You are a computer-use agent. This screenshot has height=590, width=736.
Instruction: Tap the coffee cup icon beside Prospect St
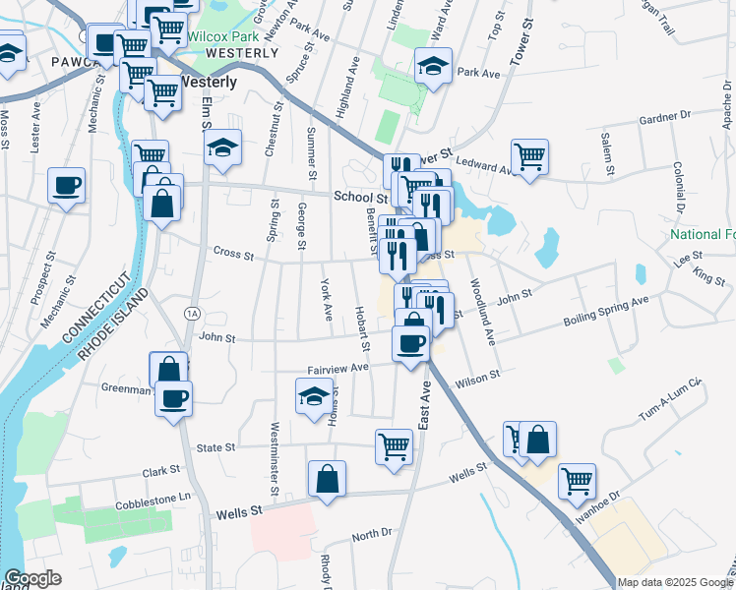pos(66,185)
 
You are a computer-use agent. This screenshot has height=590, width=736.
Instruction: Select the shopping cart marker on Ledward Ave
pos(529,156)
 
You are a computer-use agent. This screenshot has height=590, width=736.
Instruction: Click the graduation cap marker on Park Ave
pos(432,67)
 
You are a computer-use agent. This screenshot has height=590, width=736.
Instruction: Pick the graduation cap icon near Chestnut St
pos(223,149)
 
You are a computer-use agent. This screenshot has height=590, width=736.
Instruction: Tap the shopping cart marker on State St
pos(394,445)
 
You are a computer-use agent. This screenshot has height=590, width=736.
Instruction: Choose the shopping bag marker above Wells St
pos(327,479)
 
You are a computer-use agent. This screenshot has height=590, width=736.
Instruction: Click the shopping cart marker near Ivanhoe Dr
pos(577,481)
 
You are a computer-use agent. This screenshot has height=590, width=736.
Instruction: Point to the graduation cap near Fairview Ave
pos(314,397)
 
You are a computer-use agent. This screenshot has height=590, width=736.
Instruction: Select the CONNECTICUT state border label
pos(92,307)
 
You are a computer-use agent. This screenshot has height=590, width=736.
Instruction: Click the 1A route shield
pos(193,311)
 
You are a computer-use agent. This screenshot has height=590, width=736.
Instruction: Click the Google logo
pos(31,578)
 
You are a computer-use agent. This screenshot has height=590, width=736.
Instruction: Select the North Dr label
pos(372,534)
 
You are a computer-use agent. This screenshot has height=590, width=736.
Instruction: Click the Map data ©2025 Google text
pos(675,582)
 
